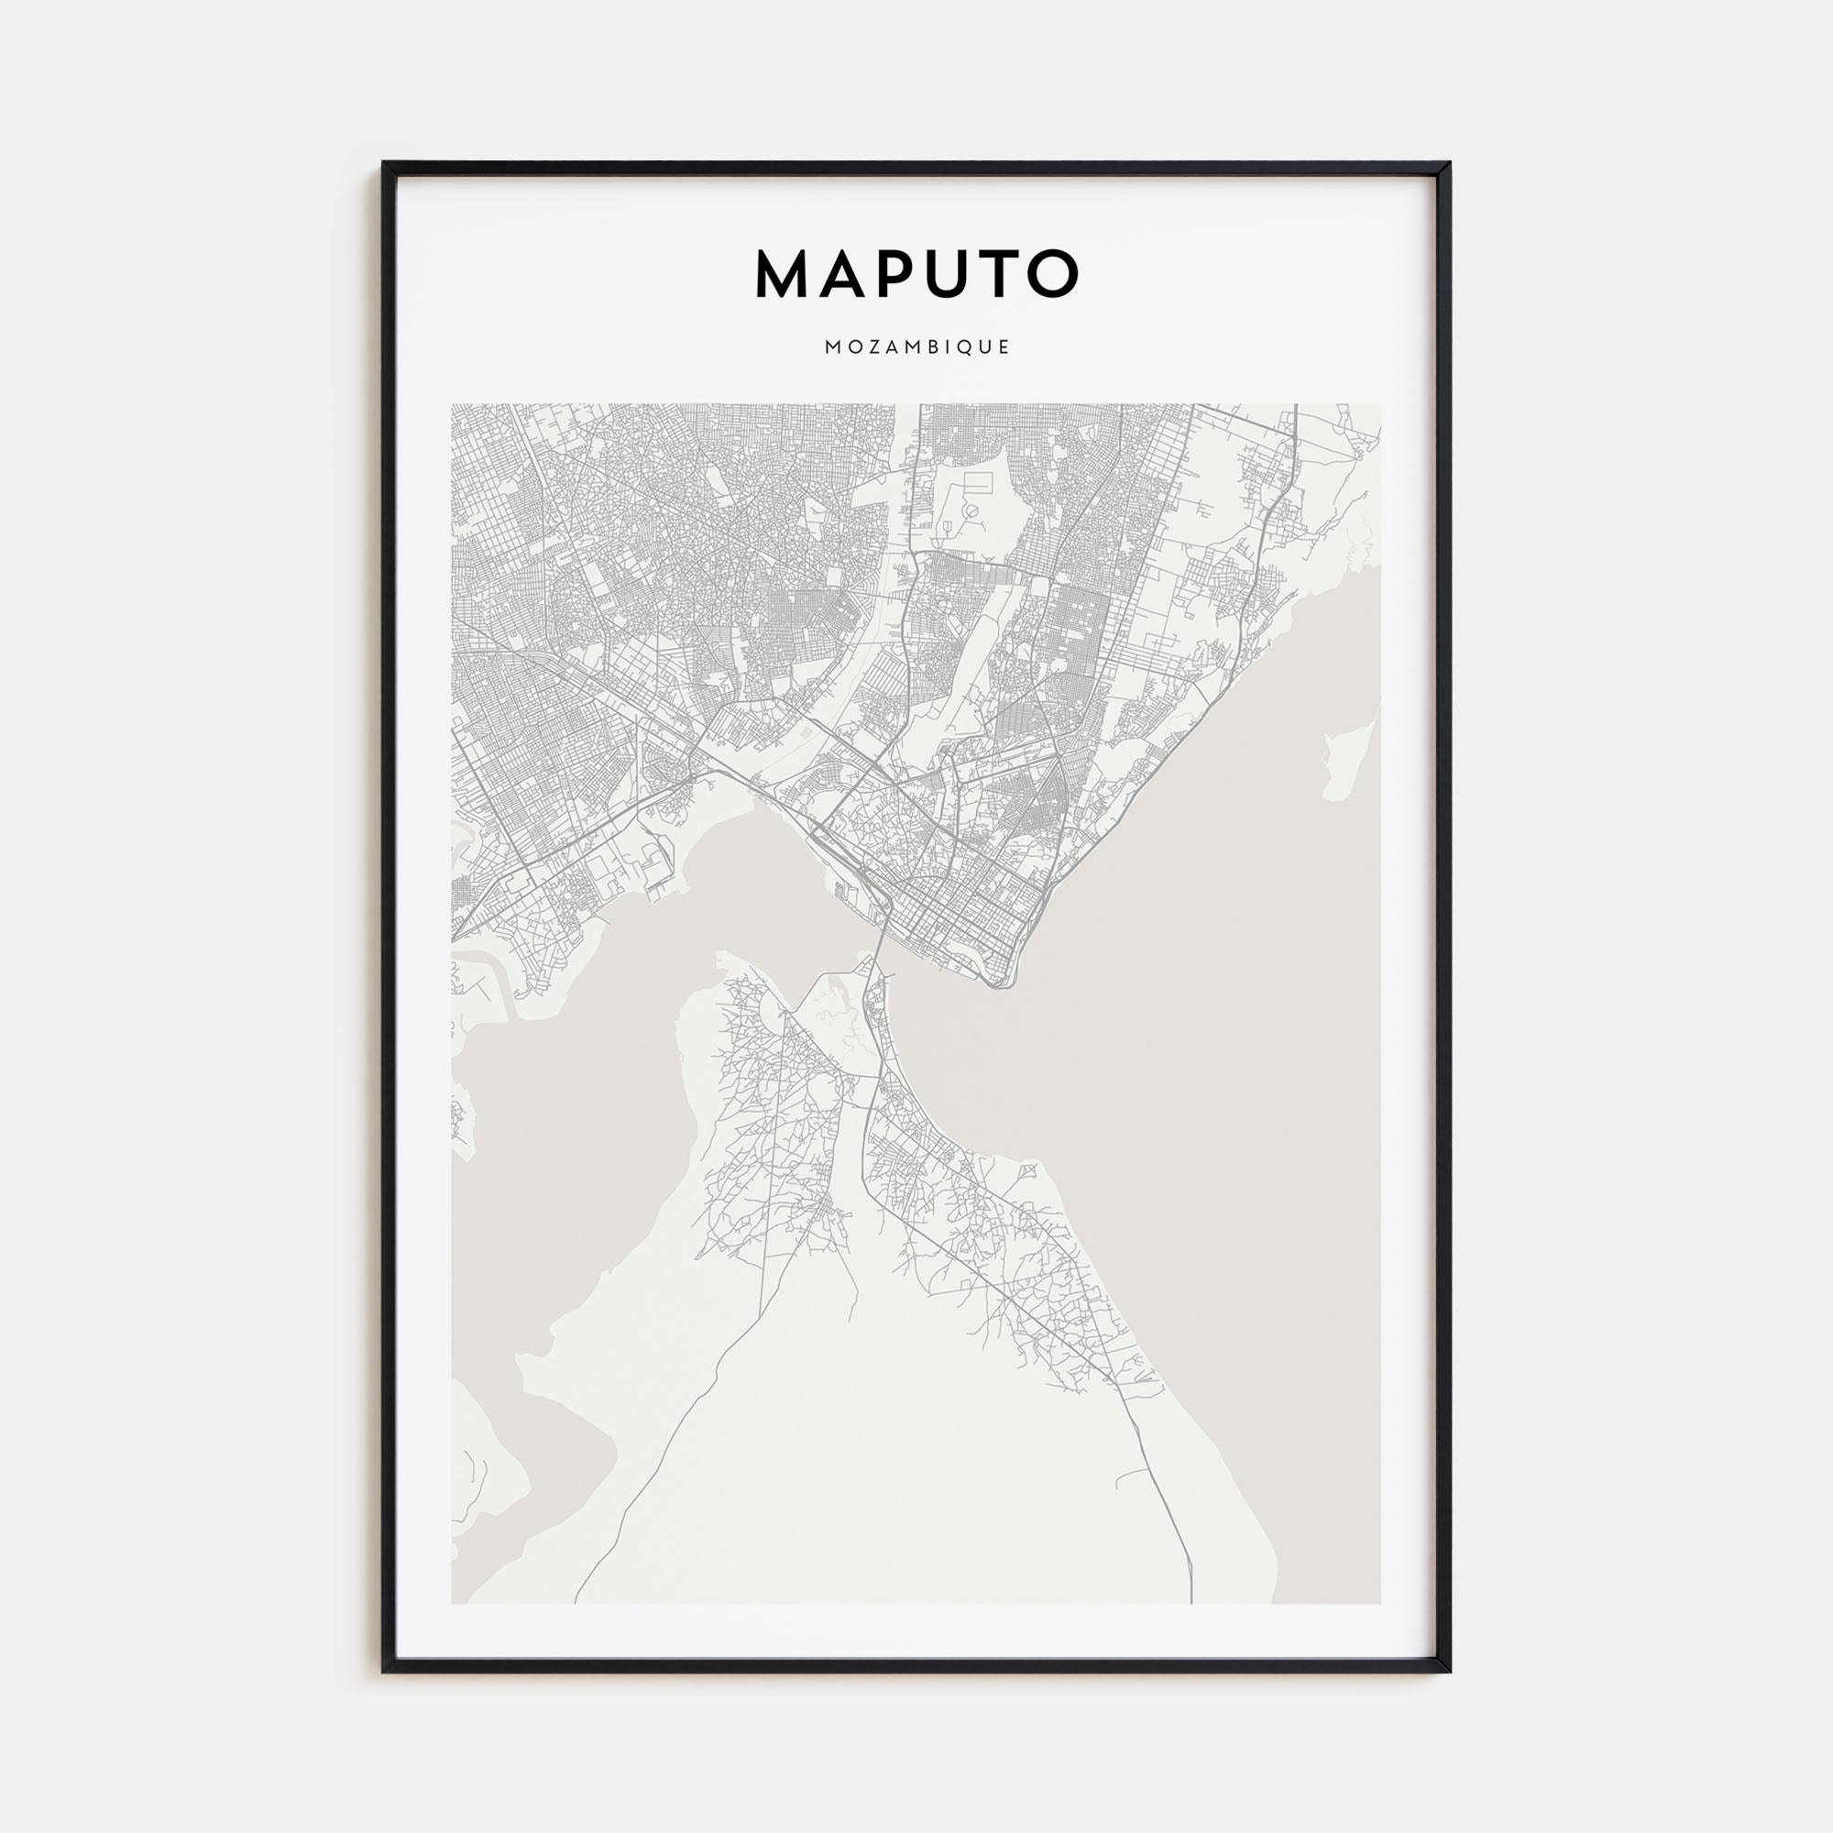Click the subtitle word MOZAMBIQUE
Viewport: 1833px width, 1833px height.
tap(916, 347)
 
